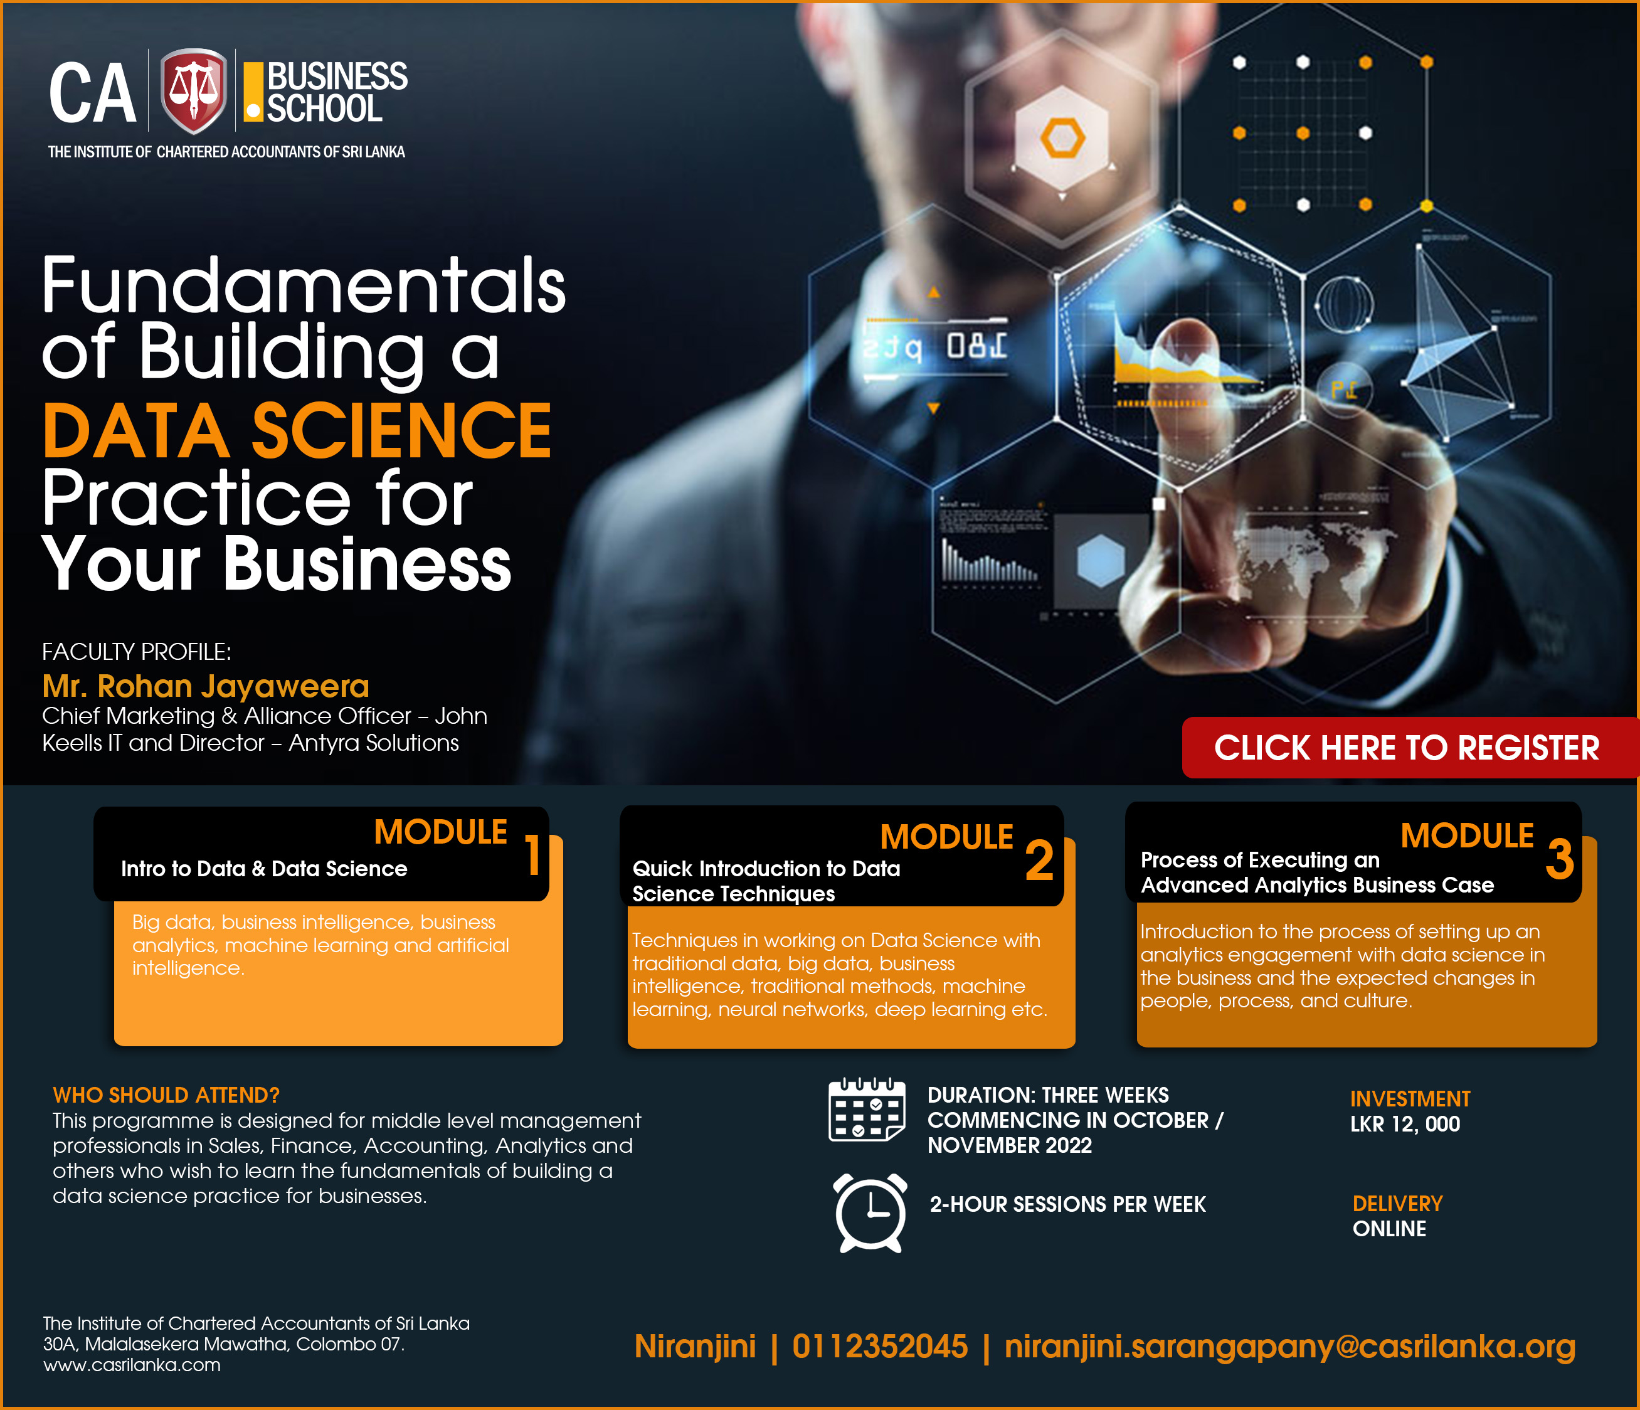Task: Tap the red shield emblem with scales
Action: pos(193,91)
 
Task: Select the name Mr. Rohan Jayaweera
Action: pos(206,686)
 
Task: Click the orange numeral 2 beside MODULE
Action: pos(1039,861)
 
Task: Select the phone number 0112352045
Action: pos(879,1346)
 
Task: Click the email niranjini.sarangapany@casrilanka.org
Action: pos(1289,1347)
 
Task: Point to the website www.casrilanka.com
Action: pos(132,1365)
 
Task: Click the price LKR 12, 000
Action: pos(1405,1124)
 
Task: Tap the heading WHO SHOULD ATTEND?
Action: pos(166,1095)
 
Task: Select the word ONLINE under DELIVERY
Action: pos(1389,1229)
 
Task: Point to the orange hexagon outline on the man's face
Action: pos(1062,138)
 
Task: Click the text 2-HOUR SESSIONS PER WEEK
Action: pos(1067,1204)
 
